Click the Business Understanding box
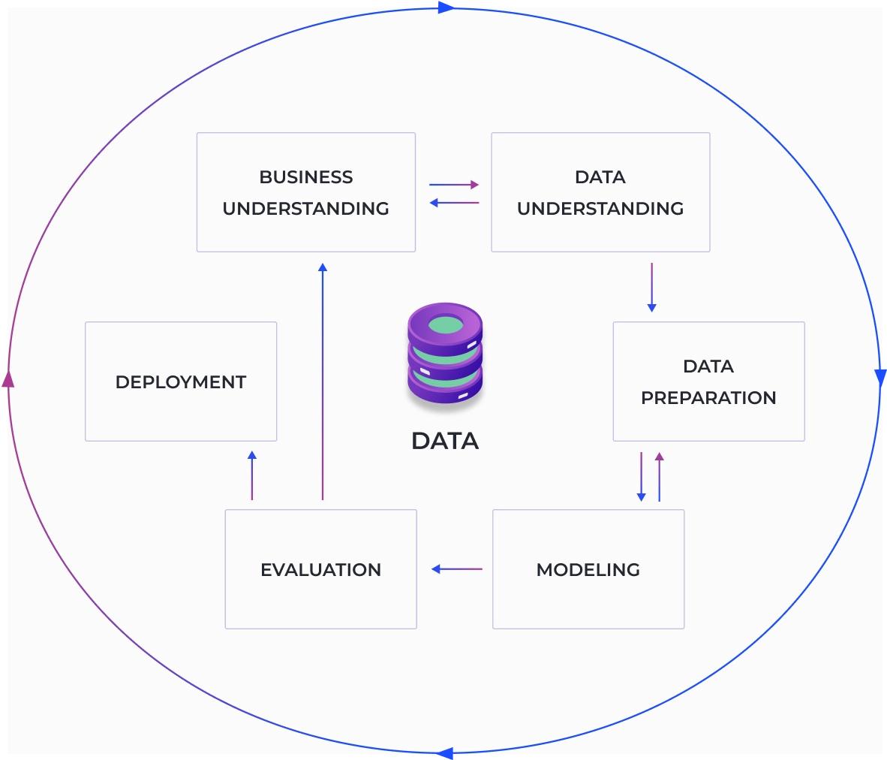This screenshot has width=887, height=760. coord(305,192)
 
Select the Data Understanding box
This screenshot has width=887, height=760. coord(600,192)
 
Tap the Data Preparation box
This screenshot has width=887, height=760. coord(708,382)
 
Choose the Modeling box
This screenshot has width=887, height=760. coord(588,569)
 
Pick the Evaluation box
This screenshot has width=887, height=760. coord(320,569)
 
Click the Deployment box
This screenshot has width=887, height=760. coord(181,382)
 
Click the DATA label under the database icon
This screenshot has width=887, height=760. coord(445,441)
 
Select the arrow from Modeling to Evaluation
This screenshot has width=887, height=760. coord(456,569)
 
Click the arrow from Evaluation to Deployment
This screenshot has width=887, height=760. coord(252,475)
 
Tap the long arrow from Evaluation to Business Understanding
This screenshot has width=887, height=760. coord(323,381)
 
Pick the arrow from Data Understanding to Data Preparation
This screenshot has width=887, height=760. coord(651,287)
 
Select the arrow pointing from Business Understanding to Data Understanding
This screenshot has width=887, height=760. coord(454,184)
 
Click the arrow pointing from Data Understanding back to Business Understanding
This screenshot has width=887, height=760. coord(454,203)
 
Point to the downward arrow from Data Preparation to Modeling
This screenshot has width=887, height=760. coord(641,476)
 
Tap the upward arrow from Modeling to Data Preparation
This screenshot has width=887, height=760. coord(660,476)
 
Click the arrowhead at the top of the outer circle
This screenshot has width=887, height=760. coord(447,7)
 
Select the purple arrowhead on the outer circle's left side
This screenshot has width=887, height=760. coord(8,380)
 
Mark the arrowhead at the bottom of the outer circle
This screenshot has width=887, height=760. coord(445,753)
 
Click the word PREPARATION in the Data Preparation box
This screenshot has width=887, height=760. coord(708,398)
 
